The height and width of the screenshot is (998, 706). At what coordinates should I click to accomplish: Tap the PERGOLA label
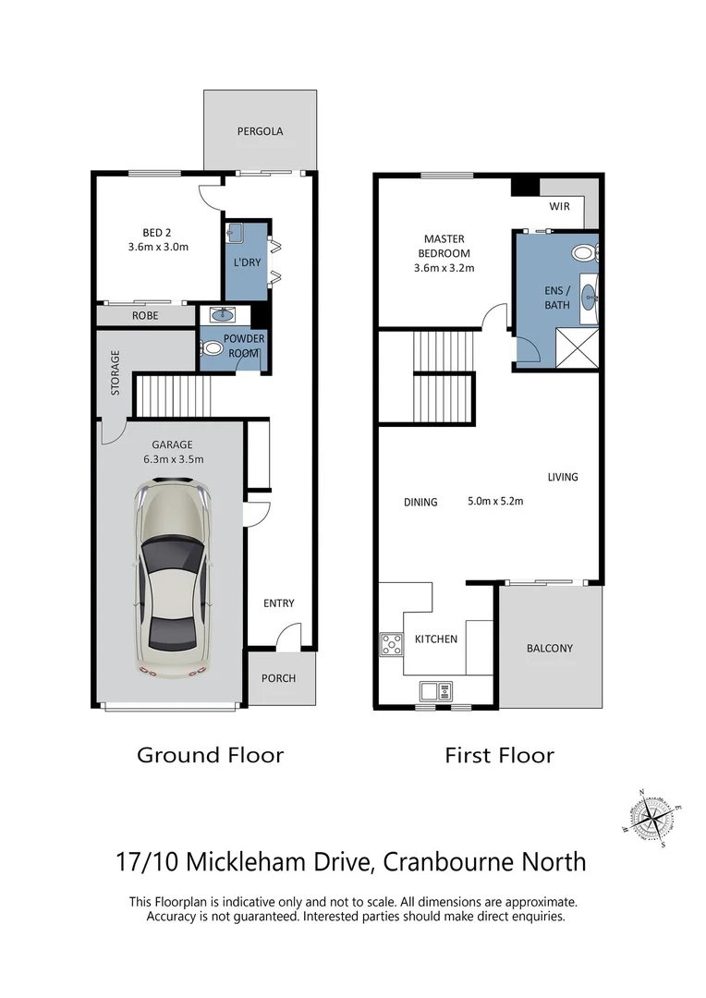(260, 131)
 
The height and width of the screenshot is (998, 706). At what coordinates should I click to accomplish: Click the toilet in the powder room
(212, 349)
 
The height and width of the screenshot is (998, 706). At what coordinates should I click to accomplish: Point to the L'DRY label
(247, 262)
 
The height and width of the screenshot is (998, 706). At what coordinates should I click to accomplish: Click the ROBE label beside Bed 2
(144, 315)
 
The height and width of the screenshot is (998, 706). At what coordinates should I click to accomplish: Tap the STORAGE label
(116, 372)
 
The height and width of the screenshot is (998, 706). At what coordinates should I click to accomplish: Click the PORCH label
(279, 678)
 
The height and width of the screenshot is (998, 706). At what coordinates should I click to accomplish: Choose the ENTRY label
(279, 603)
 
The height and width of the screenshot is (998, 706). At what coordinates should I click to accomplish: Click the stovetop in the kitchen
(390, 642)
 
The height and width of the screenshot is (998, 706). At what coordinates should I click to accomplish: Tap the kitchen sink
(434, 689)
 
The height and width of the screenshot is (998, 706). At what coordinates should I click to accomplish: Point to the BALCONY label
(550, 649)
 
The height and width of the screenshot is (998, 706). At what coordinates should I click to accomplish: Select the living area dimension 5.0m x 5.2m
(495, 502)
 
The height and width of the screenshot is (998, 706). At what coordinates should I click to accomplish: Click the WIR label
(560, 207)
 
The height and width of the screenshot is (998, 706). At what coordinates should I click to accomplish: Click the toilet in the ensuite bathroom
(584, 251)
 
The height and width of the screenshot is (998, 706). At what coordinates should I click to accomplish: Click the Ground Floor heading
(210, 755)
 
